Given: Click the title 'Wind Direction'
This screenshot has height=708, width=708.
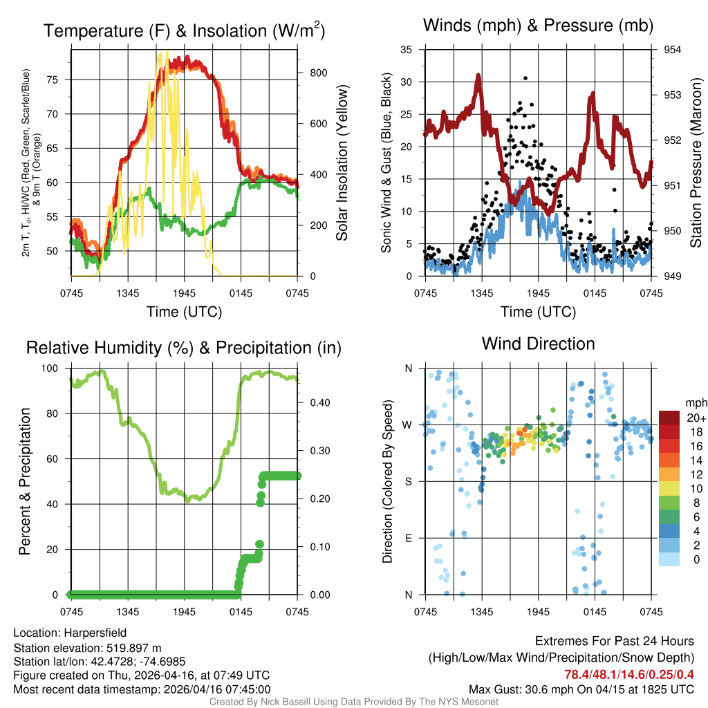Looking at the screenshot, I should (538, 344).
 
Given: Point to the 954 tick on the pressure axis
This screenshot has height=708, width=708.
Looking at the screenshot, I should (673, 50).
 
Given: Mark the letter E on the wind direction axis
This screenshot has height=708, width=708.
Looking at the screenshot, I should (408, 538).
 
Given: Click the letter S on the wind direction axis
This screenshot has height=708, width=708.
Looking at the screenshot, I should (408, 481).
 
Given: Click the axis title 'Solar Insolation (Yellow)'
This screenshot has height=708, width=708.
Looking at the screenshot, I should (342, 163).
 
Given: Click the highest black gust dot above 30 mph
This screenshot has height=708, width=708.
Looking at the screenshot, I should (525, 78).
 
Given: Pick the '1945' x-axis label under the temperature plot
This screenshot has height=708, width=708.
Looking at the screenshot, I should (185, 292).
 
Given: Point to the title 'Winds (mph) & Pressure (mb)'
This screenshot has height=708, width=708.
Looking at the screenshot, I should (538, 26).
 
